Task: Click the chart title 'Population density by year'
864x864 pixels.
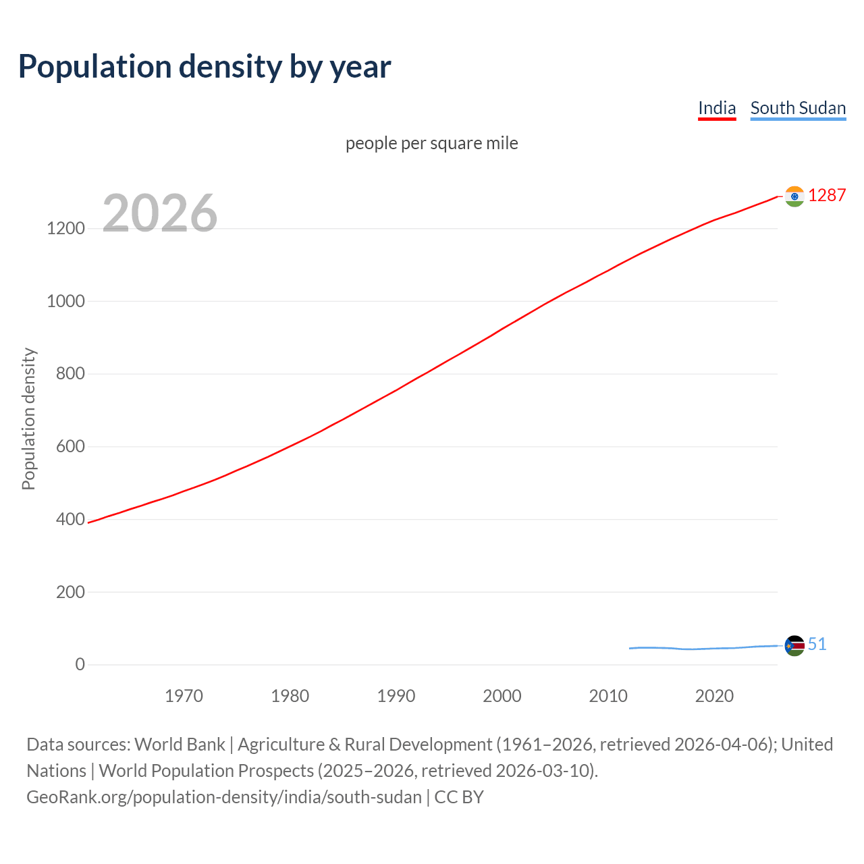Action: coord(205,67)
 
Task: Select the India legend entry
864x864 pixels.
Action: coord(716,108)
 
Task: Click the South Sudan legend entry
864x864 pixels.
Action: coord(798,108)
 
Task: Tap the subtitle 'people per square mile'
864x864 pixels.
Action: coord(431,143)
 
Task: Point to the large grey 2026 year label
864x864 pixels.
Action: coord(160,213)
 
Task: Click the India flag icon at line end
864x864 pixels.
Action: coord(794,196)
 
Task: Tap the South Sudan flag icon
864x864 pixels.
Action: coord(794,645)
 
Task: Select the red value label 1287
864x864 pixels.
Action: coord(827,195)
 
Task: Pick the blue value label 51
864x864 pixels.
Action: coord(817,644)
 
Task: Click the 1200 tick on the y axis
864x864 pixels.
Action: coord(65,228)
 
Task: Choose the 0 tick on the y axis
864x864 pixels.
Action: coord(80,664)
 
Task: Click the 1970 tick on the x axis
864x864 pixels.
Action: coord(184,696)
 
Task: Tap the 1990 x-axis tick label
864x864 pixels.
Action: coord(396,696)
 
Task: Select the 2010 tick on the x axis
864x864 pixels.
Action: coord(608,696)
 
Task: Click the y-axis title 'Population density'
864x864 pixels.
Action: coord(28,418)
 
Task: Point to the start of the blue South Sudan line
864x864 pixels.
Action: coord(630,648)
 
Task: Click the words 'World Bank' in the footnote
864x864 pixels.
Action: coord(180,744)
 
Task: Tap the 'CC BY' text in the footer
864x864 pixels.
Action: coord(459,796)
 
